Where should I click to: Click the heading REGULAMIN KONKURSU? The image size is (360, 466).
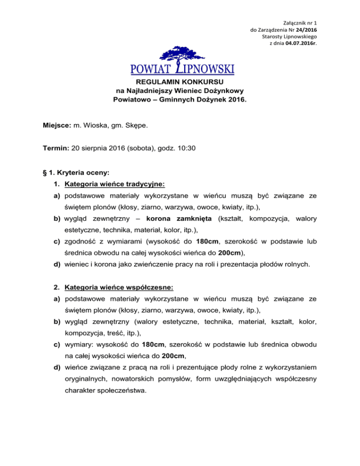[180, 81]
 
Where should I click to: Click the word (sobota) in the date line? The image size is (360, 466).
[137, 149]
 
